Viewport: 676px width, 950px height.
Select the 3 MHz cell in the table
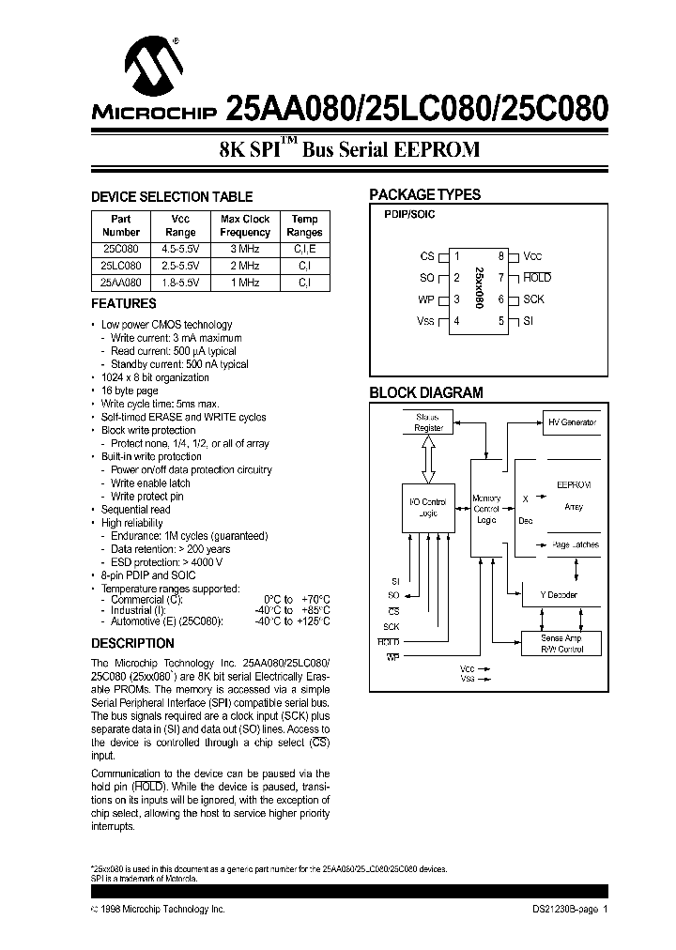(x=245, y=251)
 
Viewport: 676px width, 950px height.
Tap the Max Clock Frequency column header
(x=245, y=225)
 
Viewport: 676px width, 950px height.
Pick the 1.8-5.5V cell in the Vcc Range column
(x=180, y=282)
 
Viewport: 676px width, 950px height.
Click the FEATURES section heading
(x=123, y=304)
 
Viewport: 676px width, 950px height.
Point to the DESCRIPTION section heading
(x=132, y=643)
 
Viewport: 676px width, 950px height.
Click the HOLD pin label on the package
(x=537, y=278)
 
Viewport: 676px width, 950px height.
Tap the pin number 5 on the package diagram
(x=502, y=321)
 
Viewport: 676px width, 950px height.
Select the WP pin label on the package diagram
(x=426, y=299)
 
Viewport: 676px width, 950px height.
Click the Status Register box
(x=428, y=421)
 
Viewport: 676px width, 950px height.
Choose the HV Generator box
(x=572, y=422)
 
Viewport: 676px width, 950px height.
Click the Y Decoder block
(x=559, y=595)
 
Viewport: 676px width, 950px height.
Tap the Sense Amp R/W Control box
(x=561, y=643)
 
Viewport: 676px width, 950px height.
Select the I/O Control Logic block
(x=428, y=508)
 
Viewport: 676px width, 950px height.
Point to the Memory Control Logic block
(x=486, y=509)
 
